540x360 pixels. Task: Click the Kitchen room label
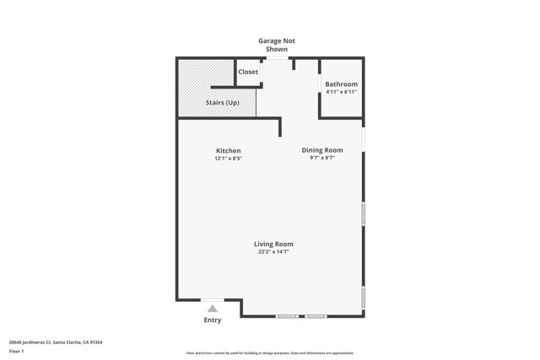(228, 151)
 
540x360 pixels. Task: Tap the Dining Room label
(322, 150)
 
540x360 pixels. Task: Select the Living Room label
(273, 244)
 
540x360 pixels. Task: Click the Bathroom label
(342, 84)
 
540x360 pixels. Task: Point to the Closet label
(248, 72)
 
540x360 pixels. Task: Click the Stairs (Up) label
(223, 103)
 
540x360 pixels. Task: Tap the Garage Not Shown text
(277, 45)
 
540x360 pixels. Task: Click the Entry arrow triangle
(213, 309)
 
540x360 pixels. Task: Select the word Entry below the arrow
(213, 320)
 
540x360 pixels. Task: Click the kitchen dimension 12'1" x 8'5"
(228, 159)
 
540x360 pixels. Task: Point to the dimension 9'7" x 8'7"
(322, 158)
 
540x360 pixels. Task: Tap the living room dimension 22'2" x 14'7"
(273, 251)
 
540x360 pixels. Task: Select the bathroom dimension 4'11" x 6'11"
(342, 92)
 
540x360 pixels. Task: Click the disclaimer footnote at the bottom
(270, 353)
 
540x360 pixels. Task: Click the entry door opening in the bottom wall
(213, 299)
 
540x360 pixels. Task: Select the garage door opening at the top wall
(277, 58)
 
